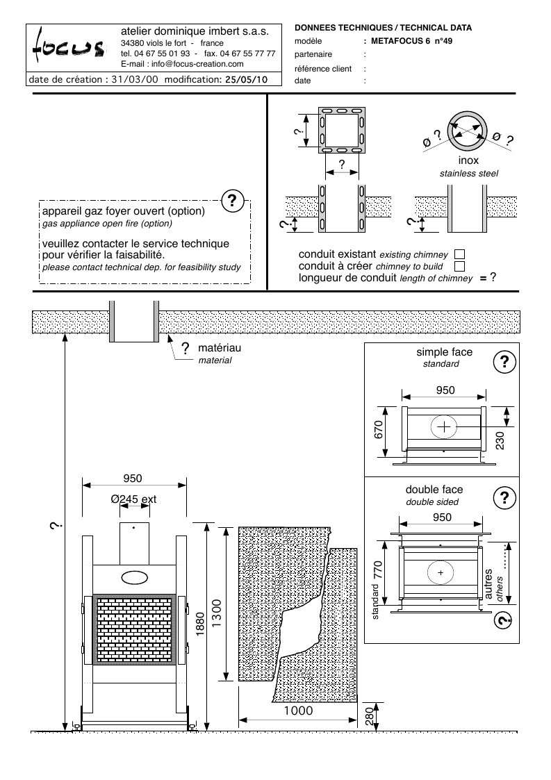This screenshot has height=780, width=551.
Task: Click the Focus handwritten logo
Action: [69, 48]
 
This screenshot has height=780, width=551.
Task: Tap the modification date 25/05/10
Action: [247, 79]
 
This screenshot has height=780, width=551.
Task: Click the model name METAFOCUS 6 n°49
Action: [411, 41]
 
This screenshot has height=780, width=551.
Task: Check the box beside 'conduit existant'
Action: [459, 255]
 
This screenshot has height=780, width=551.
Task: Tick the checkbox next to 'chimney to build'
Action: [459, 267]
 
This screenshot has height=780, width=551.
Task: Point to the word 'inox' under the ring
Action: [468, 160]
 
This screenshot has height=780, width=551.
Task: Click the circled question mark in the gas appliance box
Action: [232, 201]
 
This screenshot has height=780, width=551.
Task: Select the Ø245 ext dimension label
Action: [133, 499]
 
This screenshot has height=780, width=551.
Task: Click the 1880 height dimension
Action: [199, 624]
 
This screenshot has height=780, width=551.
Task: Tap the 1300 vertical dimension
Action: [217, 613]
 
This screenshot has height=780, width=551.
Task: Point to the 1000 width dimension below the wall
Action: [298, 711]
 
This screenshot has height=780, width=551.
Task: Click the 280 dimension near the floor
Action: [369, 716]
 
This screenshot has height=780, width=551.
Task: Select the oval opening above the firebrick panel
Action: [134, 576]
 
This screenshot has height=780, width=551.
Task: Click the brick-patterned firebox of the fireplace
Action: [134, 629]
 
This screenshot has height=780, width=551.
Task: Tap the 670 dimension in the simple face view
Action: [378, 430]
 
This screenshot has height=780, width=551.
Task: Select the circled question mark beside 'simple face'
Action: [504, 362]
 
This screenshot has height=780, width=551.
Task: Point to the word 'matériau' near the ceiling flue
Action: [220, 348]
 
